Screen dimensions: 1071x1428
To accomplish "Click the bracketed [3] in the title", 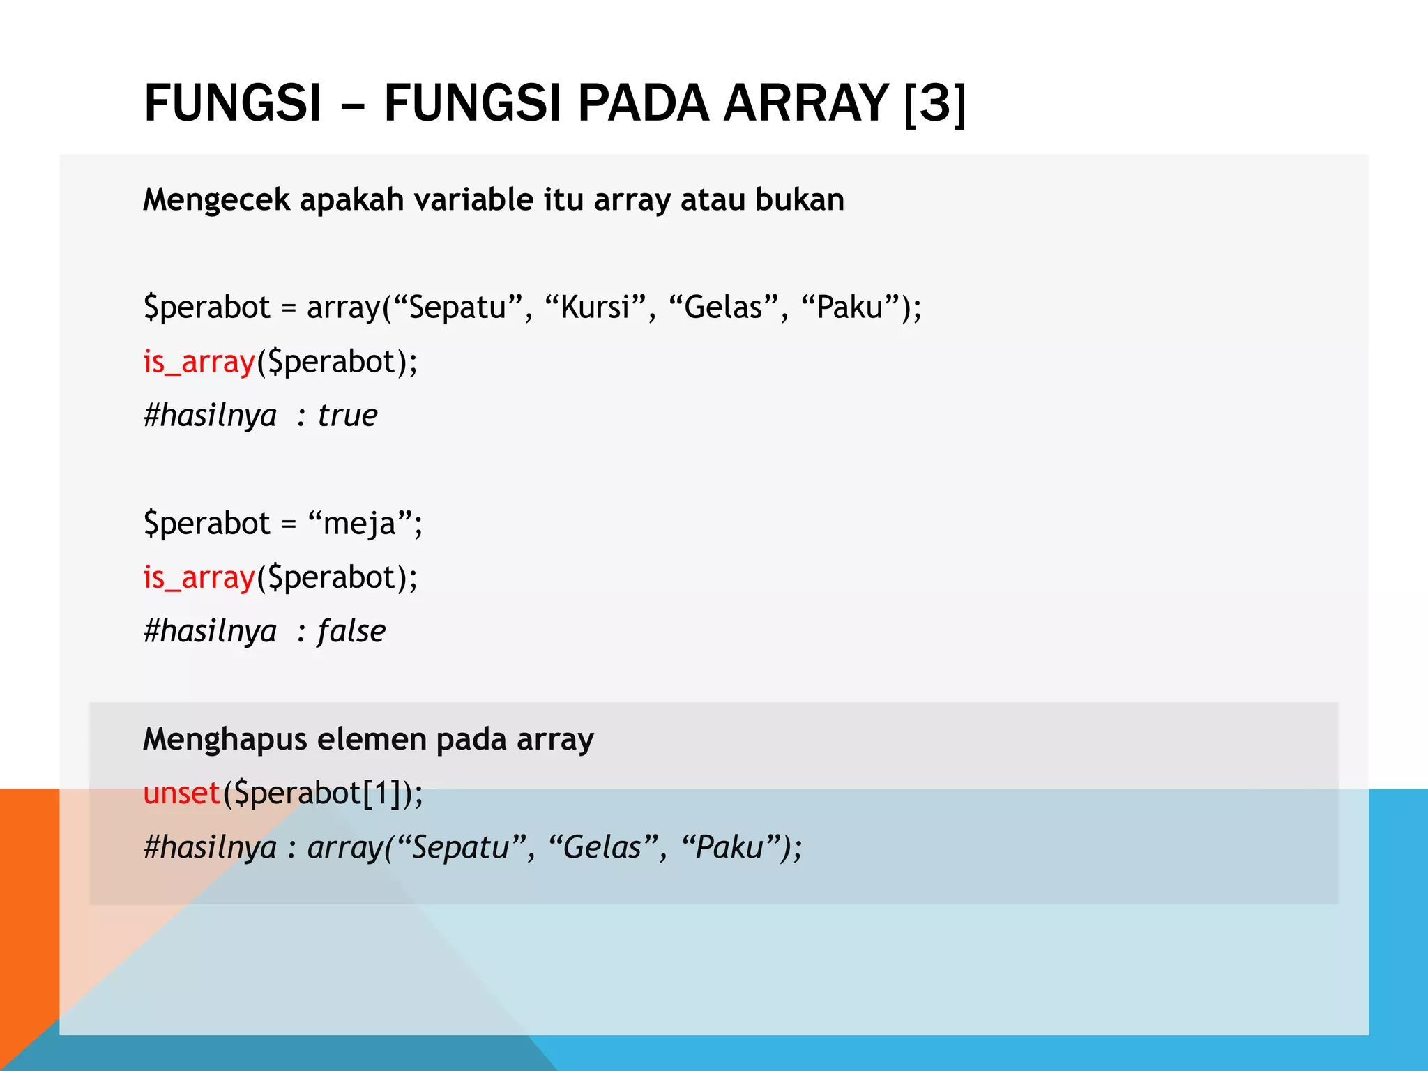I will click(x=935, y=103).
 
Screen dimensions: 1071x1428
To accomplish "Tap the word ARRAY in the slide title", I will click(x=806, y=103).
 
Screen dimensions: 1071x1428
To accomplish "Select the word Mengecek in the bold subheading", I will click(x=215, y=200).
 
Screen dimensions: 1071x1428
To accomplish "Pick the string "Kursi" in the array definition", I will click(x=595, y=307).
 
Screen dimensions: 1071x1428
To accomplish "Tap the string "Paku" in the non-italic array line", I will click(x=850, y=307).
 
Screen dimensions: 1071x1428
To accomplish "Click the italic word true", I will click(x=347, y=416).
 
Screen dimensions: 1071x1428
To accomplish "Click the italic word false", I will click(x=351, y=631).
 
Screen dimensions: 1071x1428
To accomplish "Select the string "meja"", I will click(x=360, y=524).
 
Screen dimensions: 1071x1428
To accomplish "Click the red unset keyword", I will click(x=181, y=793).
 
